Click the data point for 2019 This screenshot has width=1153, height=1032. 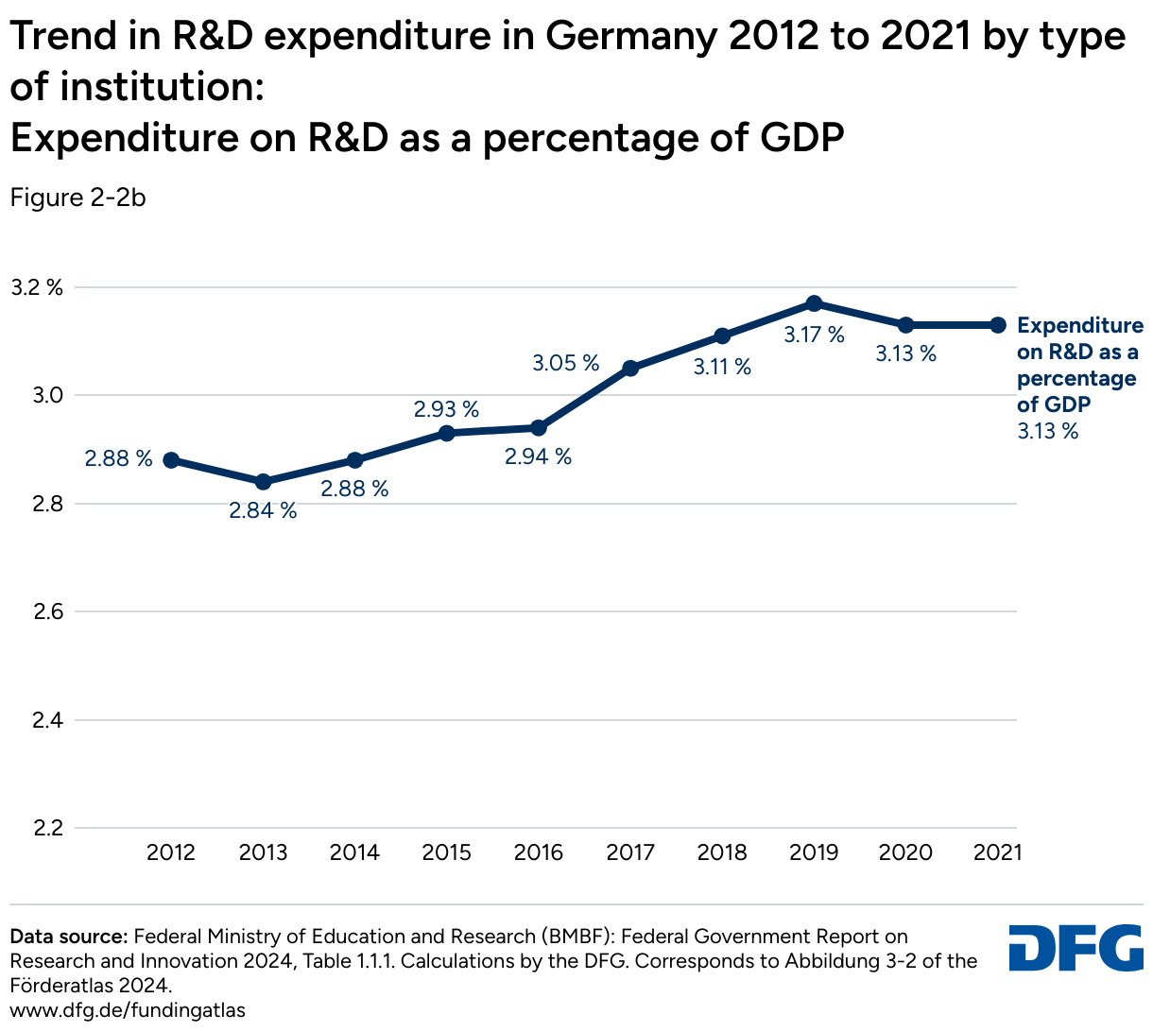[x=814, y=303]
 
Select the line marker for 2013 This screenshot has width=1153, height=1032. [x=263, y=482]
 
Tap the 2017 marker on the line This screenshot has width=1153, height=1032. [x=630, y=368]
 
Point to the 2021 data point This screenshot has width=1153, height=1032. [x=997, y=325]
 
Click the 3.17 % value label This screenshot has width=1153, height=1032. [x=814, y=335]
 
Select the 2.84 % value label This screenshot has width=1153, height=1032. [x=263, y=511]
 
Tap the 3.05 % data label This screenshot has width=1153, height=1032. [x=565, y=363]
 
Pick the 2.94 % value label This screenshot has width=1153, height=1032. [x=538, y=457]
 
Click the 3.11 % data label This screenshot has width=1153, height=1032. [x=722, y=367]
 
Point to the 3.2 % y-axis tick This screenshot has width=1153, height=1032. [x=36, y=287]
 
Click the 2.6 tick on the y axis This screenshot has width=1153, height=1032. [x=46, y=612]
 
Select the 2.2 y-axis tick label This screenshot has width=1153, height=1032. [x=46, y=829]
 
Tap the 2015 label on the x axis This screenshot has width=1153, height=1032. [x=446, y=853]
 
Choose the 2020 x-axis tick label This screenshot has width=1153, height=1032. [x=905, y=853]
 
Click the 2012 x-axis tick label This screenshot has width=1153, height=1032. [x=171, y=853]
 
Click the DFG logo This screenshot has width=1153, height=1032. [x=1076, y=947]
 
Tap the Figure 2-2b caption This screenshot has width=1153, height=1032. [x=77, y=198]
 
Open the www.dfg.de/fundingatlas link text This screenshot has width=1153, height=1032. [x=128, y=1010]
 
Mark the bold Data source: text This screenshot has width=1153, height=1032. [x=68, y=937]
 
